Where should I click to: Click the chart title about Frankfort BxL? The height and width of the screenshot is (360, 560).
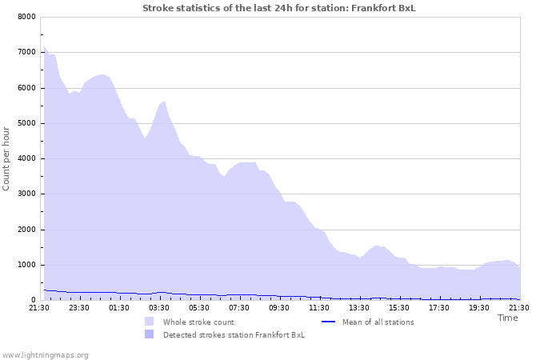[x=279, y=8]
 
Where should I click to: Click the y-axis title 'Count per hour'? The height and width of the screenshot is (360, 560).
[x=6, y=158]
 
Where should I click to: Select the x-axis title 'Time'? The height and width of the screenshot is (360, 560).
[x=507, y=318]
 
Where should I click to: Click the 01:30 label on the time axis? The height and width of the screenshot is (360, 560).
[x=119, y=308]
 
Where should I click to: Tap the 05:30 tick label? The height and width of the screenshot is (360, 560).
[x=199, y=308]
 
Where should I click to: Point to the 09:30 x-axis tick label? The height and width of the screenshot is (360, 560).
[x=279, y=308]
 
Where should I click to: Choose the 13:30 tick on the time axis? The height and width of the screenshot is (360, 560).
[x=359, y=308]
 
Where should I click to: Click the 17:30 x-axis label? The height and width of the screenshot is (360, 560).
[x=439, y=308]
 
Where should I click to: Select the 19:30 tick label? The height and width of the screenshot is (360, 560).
[x=479, y=308]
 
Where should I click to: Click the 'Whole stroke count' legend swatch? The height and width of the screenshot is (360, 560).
[x=149, y=322]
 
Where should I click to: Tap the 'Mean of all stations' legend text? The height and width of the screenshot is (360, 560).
[x=378, y=322]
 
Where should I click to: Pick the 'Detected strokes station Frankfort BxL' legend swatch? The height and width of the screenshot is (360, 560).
[x=149, y=334]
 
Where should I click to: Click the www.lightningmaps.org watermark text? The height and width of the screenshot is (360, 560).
[x=45, y=354]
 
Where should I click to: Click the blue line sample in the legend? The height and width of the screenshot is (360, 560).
[x=326, y=322]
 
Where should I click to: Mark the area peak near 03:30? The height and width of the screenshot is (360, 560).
[x=164, y=102]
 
